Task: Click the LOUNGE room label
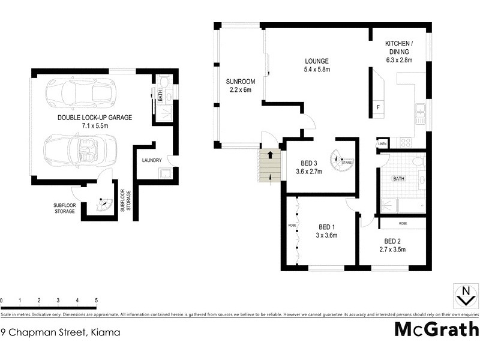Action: click(317, 61)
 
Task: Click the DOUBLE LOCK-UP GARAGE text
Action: click(95, 118)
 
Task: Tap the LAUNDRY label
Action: click(152, 160)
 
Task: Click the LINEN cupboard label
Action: click(382, 145)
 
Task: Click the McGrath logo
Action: click(436, 330)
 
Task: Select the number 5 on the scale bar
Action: click(96, 300)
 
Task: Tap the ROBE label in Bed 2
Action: click(402, 223)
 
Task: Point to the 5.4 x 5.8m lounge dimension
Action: click(317, 70)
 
